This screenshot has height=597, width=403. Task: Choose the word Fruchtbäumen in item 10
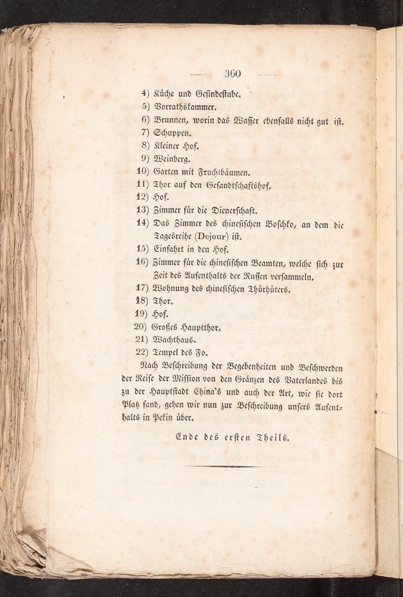pyautogui.click(x=223, y=172)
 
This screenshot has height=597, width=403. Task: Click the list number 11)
pyautogui.click(x=143, y=184)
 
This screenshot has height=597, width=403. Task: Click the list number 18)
pyautogui.click(x=143, y=301)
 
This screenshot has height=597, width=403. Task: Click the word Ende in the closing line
pyautogui.click(x=186, y=436)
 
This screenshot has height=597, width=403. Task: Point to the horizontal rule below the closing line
pyautogui.click(x=216, y=466)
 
